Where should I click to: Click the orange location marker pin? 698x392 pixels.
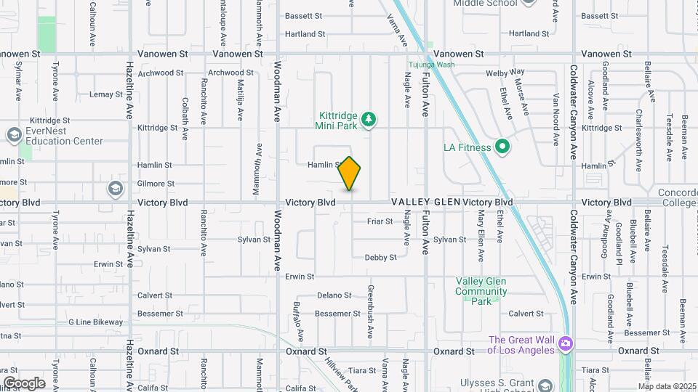[x=350, y=173]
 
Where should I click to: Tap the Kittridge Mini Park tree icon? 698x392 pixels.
[x=369, y=118]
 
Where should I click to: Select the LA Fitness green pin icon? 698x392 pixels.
[x=502, y=147]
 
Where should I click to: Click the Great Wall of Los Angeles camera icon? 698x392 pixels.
[x=566, y=344]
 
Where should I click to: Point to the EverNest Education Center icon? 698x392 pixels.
[x=14, y=135]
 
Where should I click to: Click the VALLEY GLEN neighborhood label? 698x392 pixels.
[x=425, y=202]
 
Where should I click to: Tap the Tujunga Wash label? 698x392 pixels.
[x=430, y=65]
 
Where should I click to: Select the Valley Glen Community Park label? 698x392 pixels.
[x=481, y=290]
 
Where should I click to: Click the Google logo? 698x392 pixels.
[x=24, y=383]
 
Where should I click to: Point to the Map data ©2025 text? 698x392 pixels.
[x=666, y=385]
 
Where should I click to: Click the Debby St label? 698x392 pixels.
[x=380, y=257]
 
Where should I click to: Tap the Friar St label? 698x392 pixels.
[x=380, y=221]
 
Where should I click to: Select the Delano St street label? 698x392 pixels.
[x=334, y=295]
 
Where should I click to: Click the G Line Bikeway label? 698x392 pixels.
[x=96, y=322]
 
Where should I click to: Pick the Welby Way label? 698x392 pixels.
[x=505, y=73]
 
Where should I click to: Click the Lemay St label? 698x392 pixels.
[x=106, y=94]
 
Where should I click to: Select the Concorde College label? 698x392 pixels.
[x=677, y=197]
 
